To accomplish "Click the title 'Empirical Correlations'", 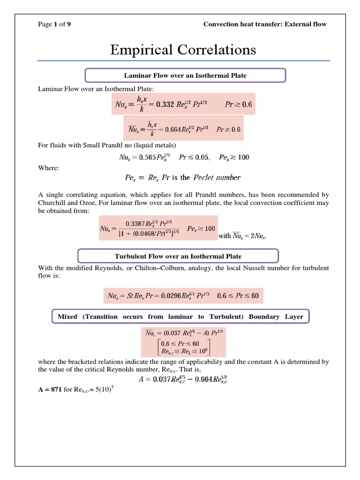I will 183,50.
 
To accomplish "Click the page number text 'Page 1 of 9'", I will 54,24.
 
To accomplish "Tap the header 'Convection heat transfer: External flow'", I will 265,24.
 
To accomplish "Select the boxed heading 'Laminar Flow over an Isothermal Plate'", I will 185,75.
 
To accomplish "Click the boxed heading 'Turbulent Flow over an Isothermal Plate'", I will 178,256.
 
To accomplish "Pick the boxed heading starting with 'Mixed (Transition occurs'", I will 180,316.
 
